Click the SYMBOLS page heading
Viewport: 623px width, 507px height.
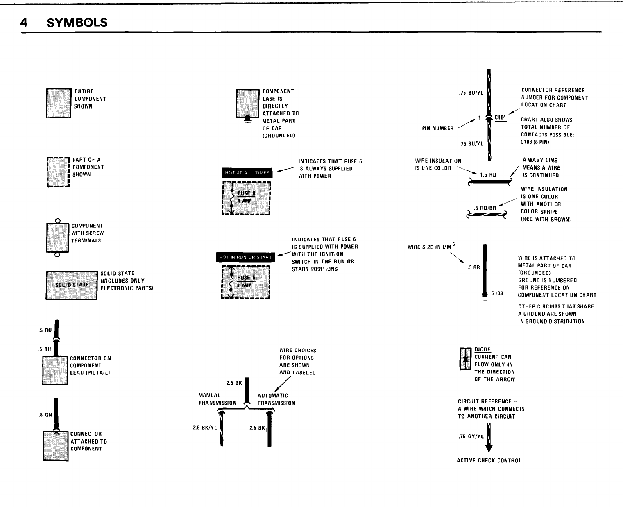click(x=77, y=23)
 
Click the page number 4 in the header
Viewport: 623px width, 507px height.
click(x=24, y=23)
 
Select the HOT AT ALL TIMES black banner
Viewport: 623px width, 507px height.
click(x=247, y=173)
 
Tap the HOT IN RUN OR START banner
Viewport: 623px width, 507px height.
click(x=245, y=257)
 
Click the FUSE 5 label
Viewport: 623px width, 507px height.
click(x=246, y=194)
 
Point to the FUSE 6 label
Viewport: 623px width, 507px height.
click(x=246, y=278)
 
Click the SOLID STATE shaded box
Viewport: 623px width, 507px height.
click(x=72, y=285)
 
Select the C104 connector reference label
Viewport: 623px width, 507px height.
click(x=500, y=118)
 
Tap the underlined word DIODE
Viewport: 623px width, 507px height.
click(x=483, y=349)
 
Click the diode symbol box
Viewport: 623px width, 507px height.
click(x=466, y=358)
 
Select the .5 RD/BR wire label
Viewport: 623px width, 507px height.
click(x=485, y=208)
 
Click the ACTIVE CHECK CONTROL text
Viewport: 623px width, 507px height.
click(x=489, y=460)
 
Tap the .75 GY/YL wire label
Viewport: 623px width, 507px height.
click(x=471, y=437)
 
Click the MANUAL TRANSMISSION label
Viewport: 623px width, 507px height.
click(x=217, y=399)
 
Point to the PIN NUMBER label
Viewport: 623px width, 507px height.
click(x=438, y=128)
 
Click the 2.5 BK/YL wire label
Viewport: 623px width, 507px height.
click(x=205, y=428)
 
